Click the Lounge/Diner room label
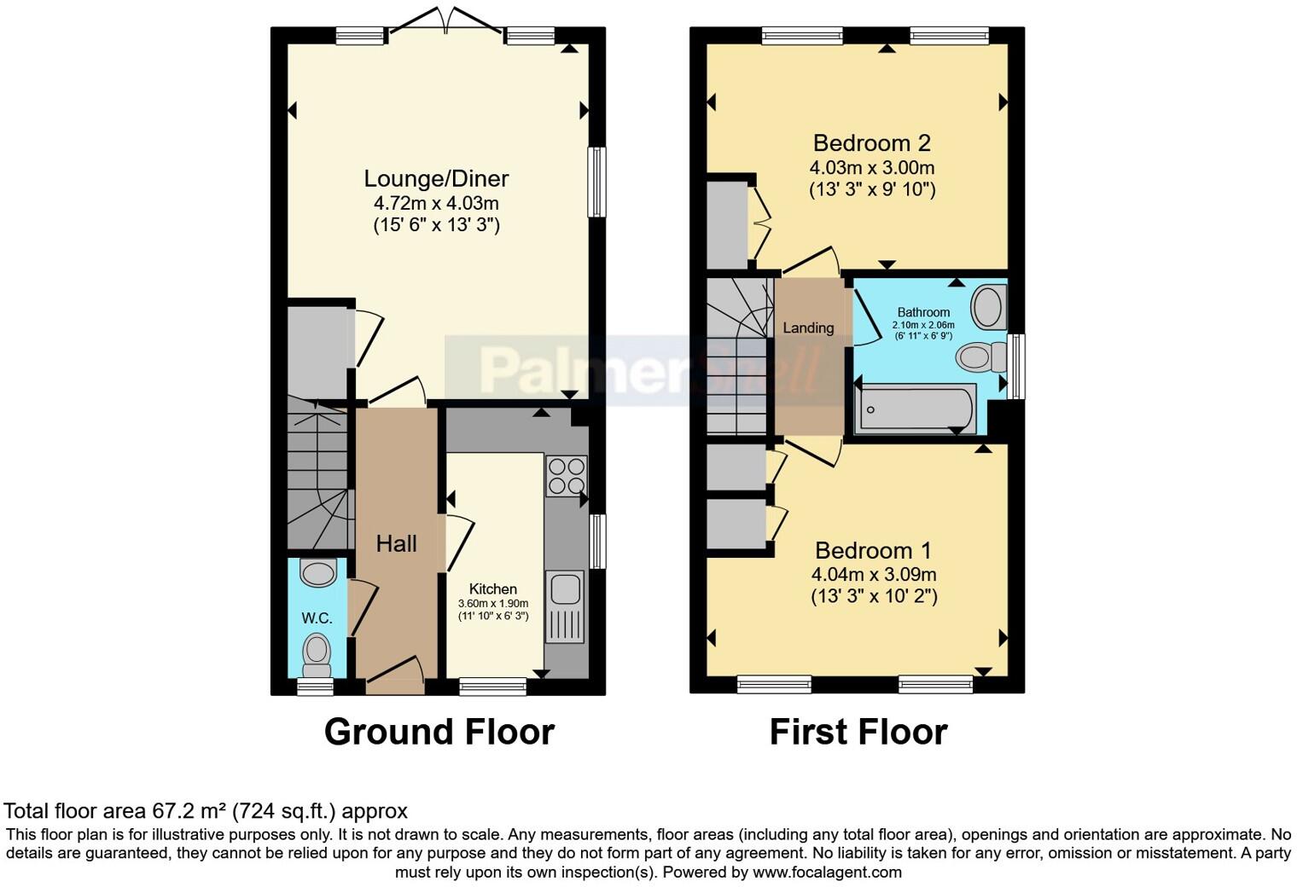pyautogui.click(x=436, y=179)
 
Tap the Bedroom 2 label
pyautogui.click(x=871, y=143)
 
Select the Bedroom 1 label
pyautogui.click(x=873, y=550)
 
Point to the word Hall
pyautogui.click(x=397, y=543)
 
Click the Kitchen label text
pyautogui.click(x=492, y=589)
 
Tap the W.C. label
pyautogui.click(x=317, y=618)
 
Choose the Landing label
pyautogui.click(x=808, y=328)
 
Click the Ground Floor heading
pyautogui.click(x=439, y=732)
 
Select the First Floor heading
pyautogui.click(x=858, y=732)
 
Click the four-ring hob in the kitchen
pyautogui.click(x=567, y=476)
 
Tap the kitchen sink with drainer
pyautogui.click(x=566, y=607)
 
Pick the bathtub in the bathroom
pyautogui.click(x=914, y=409)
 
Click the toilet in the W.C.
pyautogui.click(x=316, y=654)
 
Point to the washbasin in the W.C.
pyautogui.click(x=318, y=573)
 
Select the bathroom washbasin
pyautogui.click(x=989, y=307)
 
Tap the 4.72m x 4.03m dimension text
pyautogui.click(x=436, y=204)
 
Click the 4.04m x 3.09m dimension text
pyautogui.click(x=874, y=575)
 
